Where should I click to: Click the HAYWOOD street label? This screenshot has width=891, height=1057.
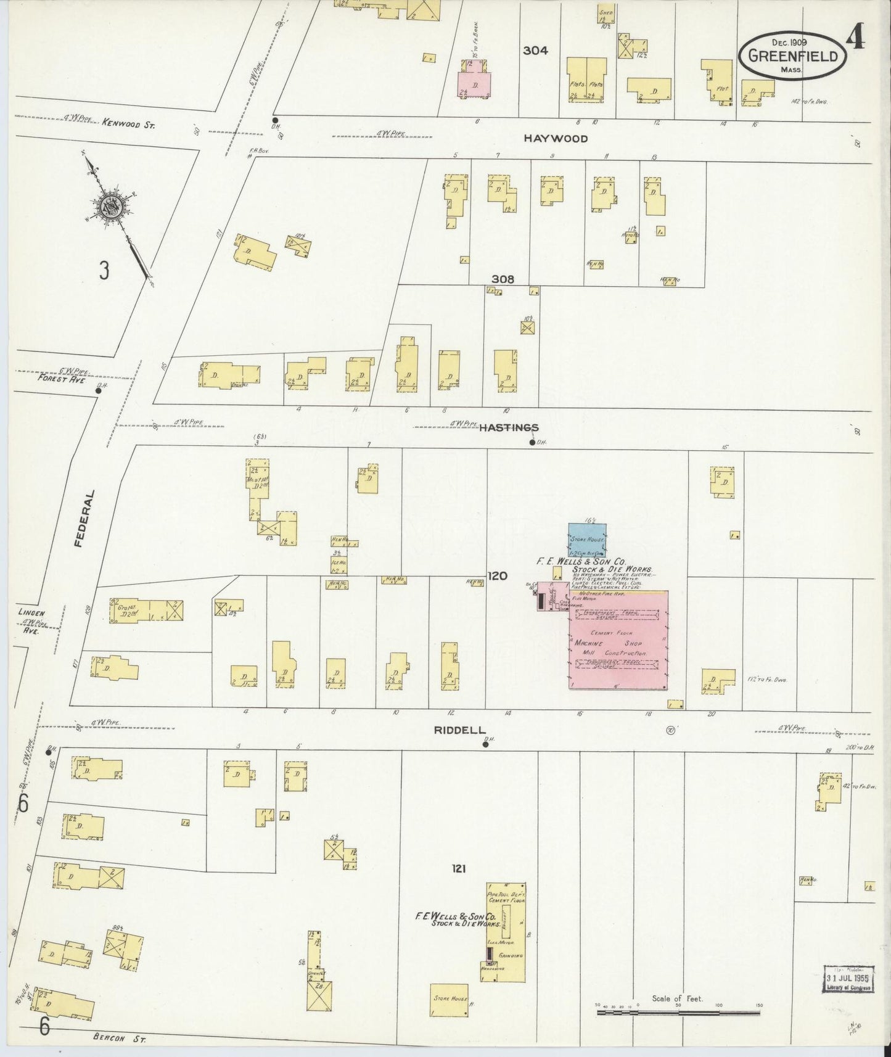[x=556, y=139]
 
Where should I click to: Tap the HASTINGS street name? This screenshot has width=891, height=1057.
[x=509, y=427]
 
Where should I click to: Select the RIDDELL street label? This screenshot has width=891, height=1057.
[x=459, y=730]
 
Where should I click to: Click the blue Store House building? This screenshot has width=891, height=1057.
[x=587, y=540]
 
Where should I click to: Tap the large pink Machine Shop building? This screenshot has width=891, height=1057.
[x=618, y=640]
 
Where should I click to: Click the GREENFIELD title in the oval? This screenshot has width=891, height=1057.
[x=792, y=56]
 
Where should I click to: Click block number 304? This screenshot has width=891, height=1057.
[x=535, y=51]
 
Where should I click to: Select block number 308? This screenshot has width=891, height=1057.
[x=503, y=279]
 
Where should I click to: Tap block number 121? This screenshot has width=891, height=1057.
[x=458, y=869]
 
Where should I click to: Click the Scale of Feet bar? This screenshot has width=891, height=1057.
[x=678, y=1012]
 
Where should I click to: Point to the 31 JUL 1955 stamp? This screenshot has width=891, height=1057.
[x=848, y=979]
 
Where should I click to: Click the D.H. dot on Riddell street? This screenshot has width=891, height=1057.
[x=486, y=744]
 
